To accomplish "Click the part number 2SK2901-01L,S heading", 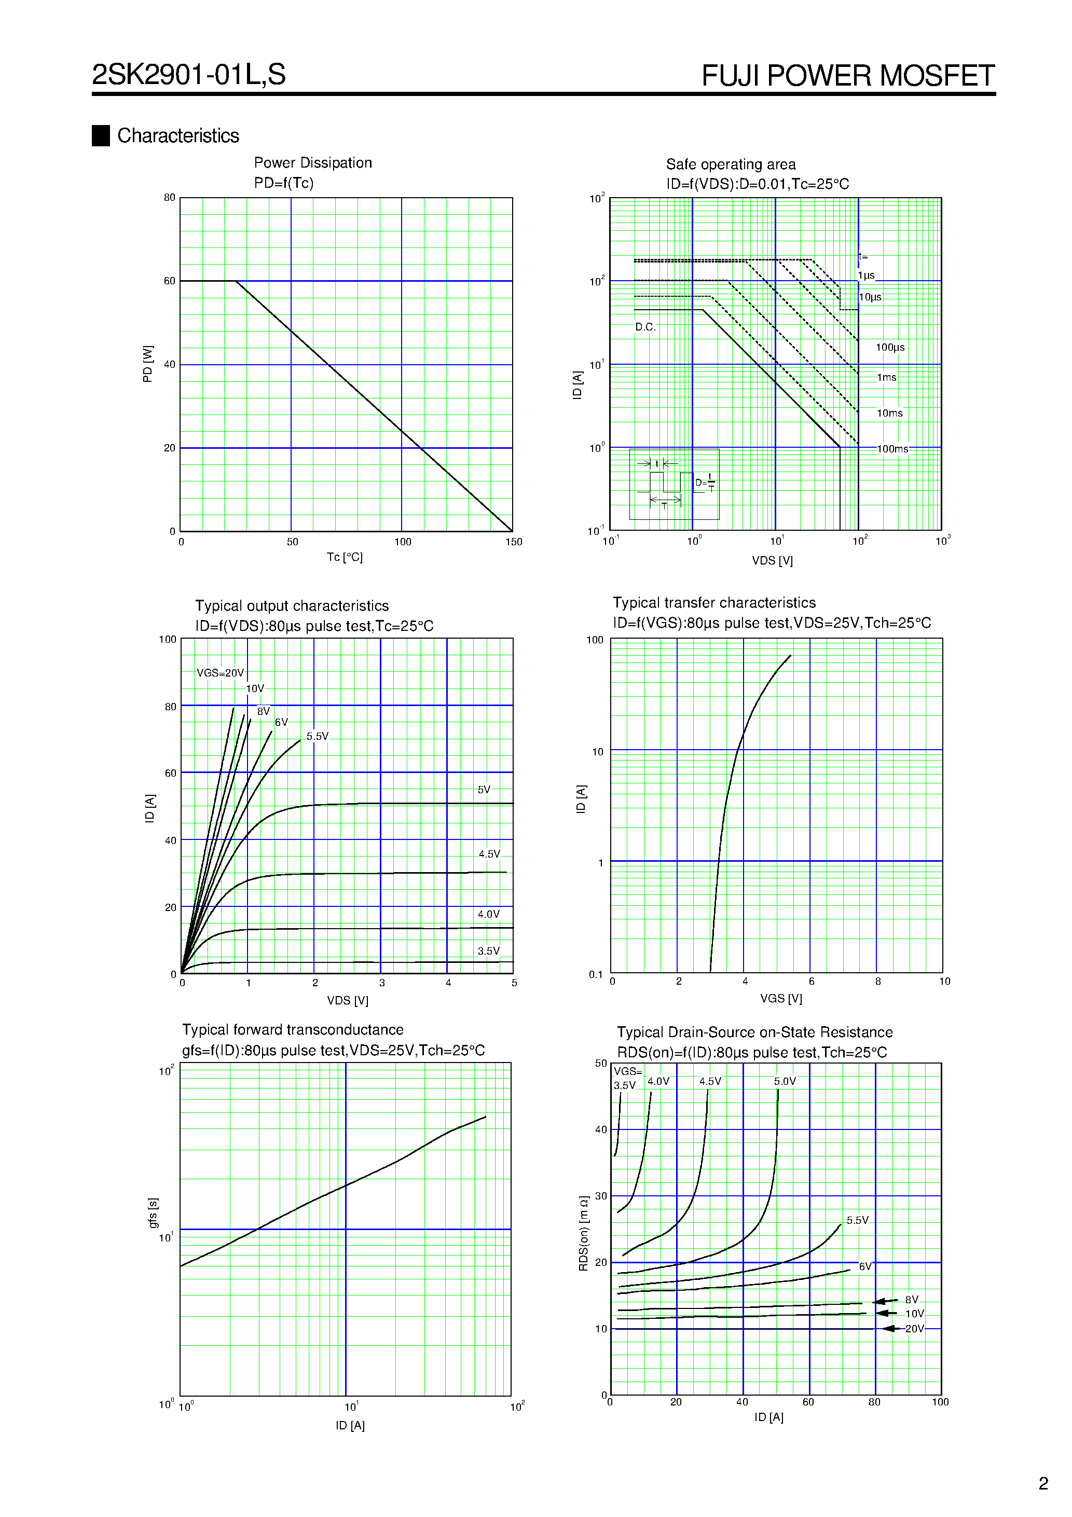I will pos(188,75).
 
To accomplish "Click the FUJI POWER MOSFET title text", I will pos(847,76).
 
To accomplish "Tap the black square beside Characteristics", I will pos(101,135).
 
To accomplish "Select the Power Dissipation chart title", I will pos(312,163).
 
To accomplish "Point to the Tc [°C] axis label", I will pos(345,557).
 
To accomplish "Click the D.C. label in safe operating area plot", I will pos(645,327).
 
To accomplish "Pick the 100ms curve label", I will pos(892,449).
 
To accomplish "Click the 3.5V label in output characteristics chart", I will pos(488,951).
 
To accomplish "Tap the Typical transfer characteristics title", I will pos(714,602).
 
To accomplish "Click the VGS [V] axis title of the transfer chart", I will pos(780,998).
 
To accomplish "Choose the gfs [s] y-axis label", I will pos(153,1212).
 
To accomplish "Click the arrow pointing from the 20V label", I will pos(891,1328).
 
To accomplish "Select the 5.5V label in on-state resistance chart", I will pos(857,1220).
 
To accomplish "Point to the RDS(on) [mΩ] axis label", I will pos(584,1233).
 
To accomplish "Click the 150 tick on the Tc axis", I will pos(514,542).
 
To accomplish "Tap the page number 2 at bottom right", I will pos(1043,1483).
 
